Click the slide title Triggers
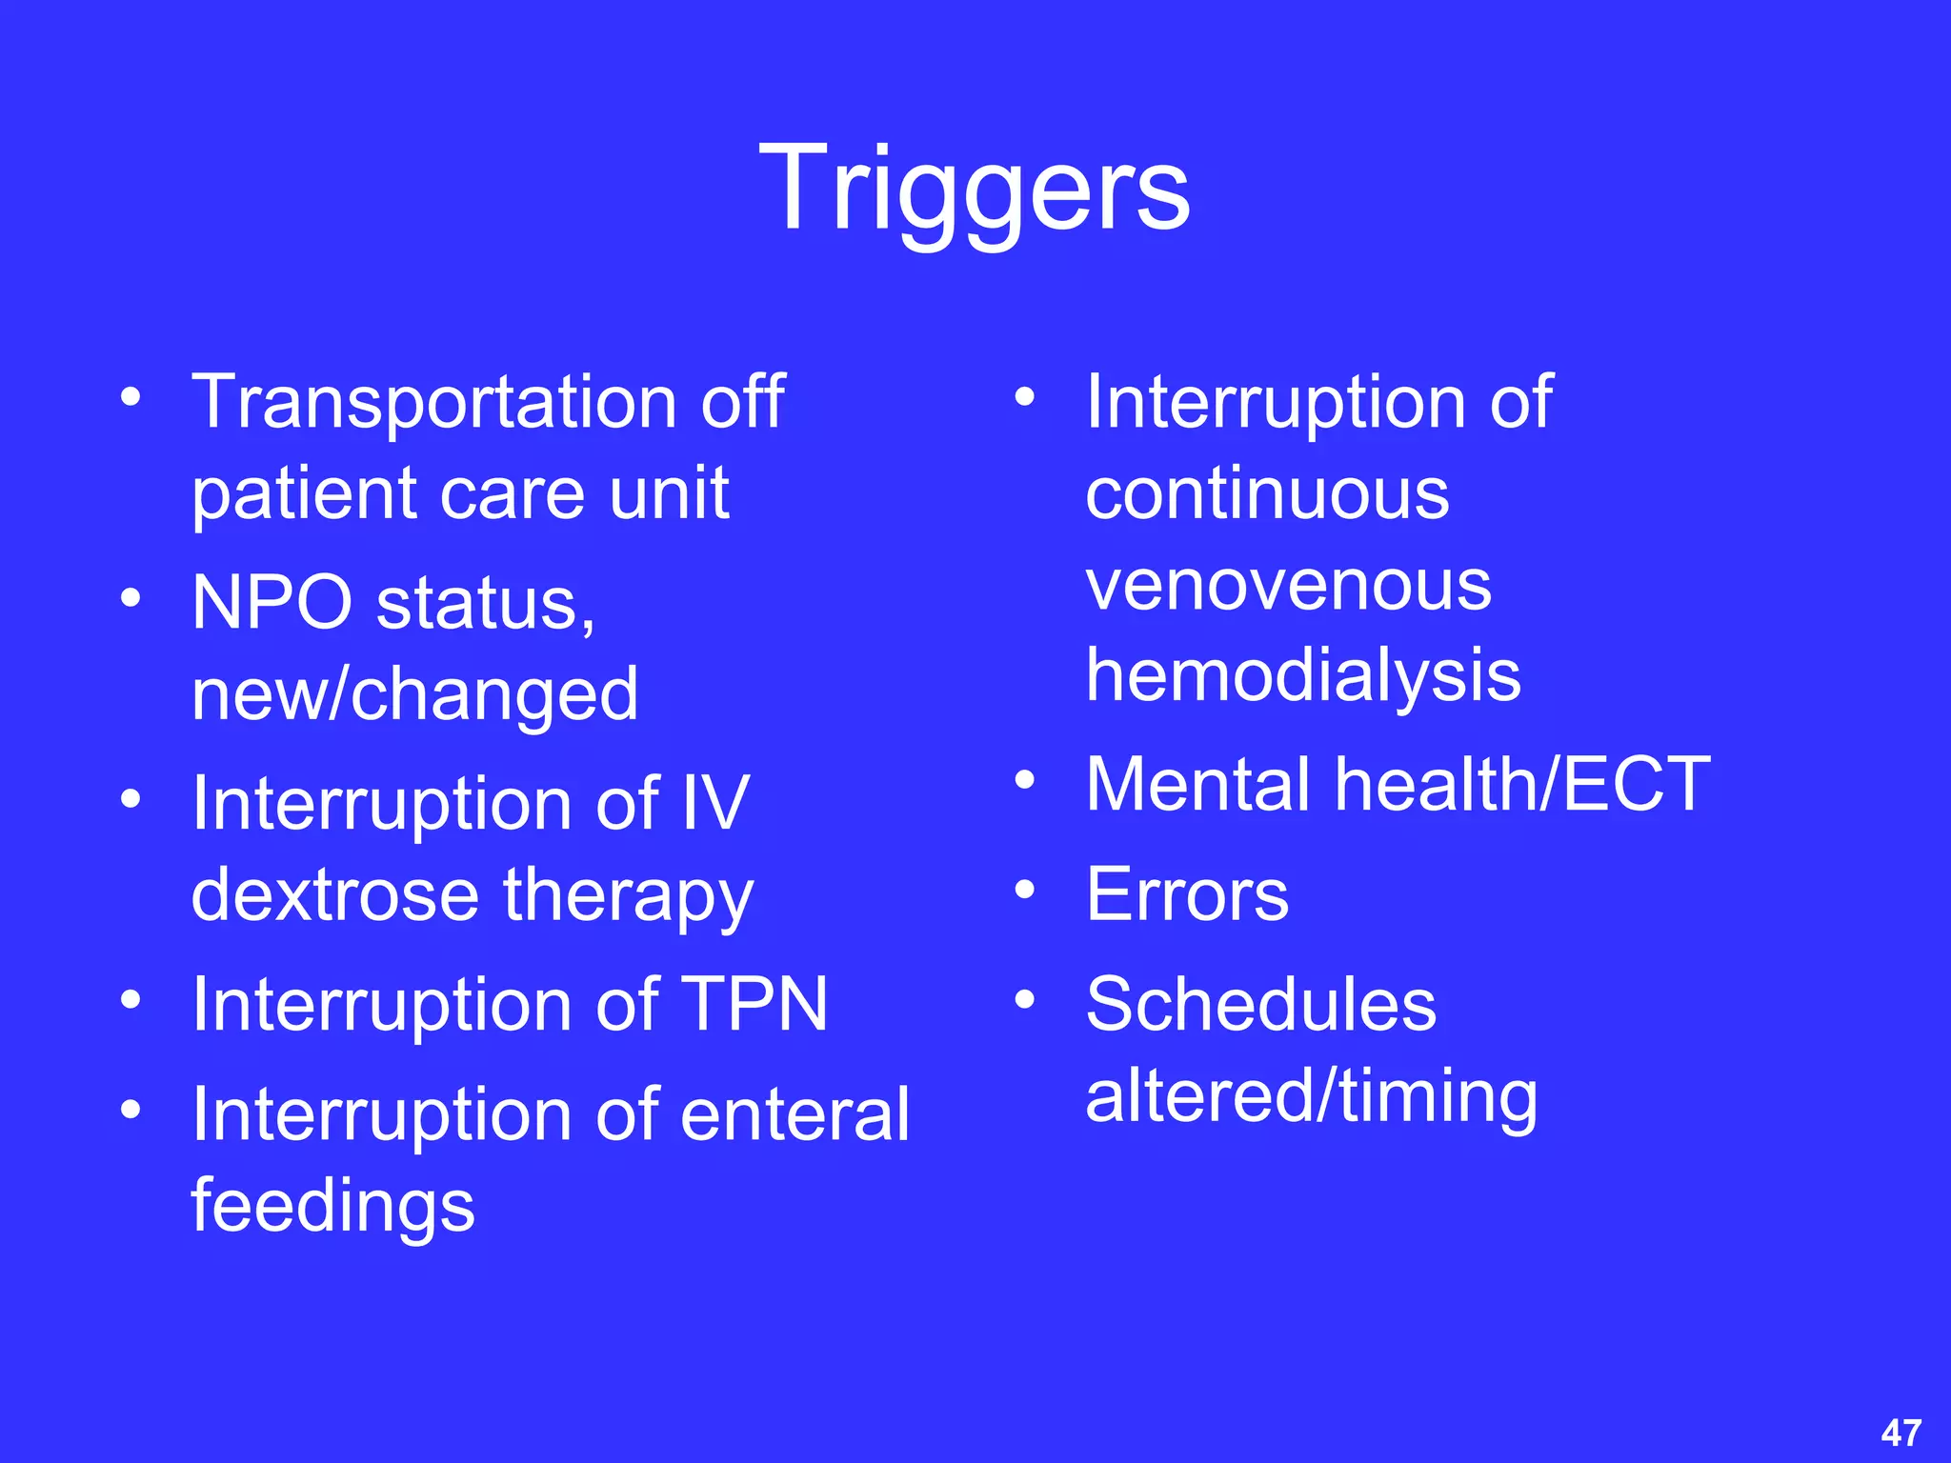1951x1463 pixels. [x=975, y=187]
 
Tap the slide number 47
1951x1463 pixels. [x=1901, y=1433]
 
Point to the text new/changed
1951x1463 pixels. [x=414, y=695]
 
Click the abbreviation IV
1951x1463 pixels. [x=715, y=804]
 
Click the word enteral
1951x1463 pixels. [x=794, y=1114]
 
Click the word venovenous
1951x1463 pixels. [x=1288, y=585]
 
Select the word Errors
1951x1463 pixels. [x=1187, y=895]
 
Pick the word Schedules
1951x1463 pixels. [x=1260, y=1005]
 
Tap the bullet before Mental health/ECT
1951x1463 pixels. [x=1024, y=781]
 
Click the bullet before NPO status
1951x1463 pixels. [x=131, y=599]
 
